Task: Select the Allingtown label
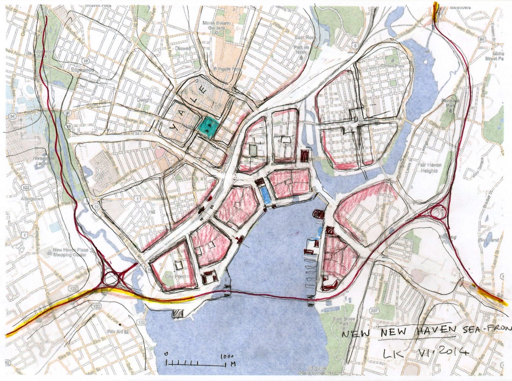pos(22,199)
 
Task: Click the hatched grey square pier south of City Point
pos(177,314)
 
